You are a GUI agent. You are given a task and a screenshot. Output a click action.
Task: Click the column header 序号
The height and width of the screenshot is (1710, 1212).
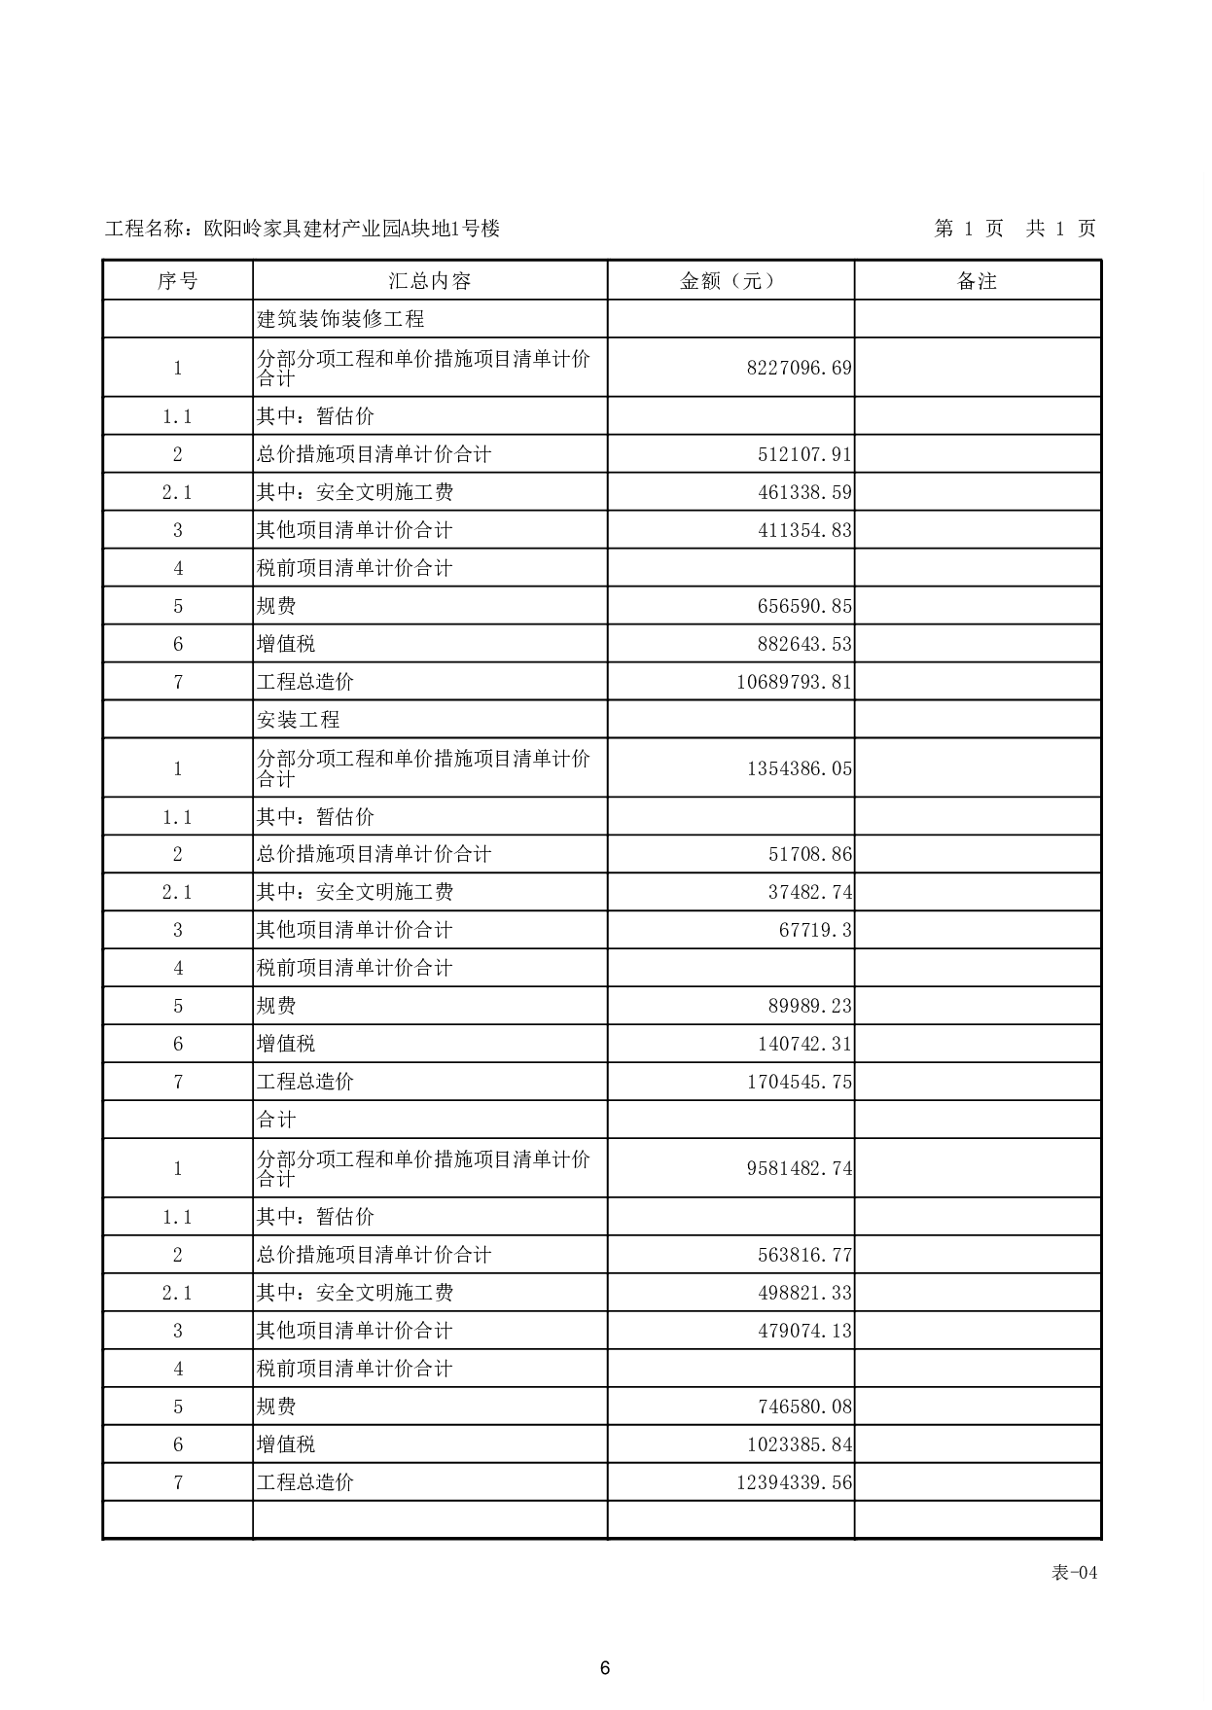pos(177,281)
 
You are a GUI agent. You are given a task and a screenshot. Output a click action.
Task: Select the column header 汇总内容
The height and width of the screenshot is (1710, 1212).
pos(430,281)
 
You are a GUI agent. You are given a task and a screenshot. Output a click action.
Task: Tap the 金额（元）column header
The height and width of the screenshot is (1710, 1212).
pos(731,281)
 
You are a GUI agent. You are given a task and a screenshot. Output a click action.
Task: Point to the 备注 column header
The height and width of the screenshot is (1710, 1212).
pos(978,281)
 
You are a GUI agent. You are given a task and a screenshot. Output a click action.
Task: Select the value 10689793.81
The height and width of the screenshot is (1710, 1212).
pos(794,682)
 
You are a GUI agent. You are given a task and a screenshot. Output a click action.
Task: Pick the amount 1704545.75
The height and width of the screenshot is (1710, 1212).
pos(799,1082)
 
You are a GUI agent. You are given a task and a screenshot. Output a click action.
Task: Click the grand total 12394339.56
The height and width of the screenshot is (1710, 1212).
pos(794,1482)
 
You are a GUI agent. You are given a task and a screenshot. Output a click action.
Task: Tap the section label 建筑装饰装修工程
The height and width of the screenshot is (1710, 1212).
pos(340,319)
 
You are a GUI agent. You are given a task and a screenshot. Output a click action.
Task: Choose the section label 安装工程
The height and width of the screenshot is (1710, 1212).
pos(299,720)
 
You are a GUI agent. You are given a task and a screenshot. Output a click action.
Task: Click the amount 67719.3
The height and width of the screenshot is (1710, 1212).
pos(815,930)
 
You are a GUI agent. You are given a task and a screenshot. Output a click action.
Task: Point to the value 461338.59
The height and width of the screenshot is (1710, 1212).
pos(804,492)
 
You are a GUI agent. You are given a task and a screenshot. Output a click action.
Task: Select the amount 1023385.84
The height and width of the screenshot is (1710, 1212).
pos(799,1444)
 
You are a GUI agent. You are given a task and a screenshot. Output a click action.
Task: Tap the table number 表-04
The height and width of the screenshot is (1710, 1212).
pos(1074,1573)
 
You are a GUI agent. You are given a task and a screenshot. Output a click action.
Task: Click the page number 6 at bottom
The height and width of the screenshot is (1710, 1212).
pos(605,1668)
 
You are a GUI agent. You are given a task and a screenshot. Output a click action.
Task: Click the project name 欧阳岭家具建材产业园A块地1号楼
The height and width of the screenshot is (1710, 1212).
pos(352,229)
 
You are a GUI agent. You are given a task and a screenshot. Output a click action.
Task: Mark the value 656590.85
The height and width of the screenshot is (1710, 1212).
pos(804,606)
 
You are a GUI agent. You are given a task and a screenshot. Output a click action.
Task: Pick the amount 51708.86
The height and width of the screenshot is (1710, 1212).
pos(809,854)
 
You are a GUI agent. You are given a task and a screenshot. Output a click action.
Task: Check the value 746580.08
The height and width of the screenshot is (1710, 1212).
pos(804,1407)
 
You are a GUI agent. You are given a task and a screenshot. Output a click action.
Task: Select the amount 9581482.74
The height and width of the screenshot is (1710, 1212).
pos(799,1168)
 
